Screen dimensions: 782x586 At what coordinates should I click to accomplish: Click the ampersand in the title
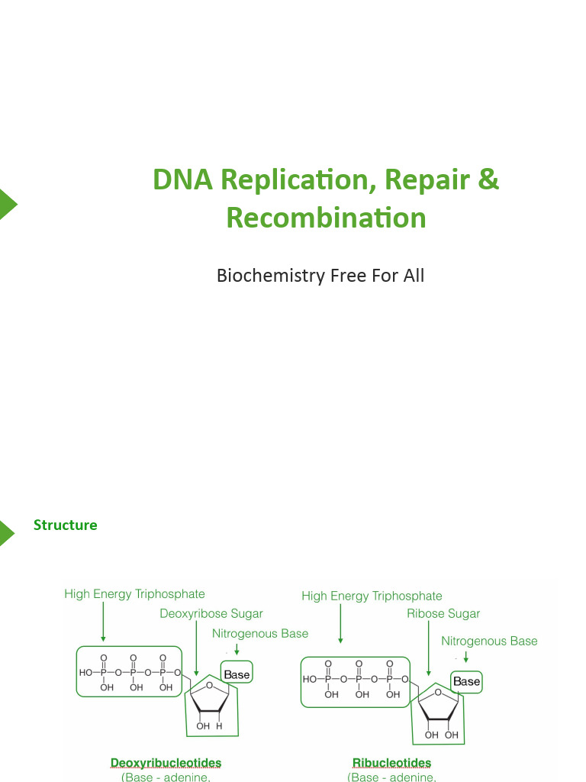pos(489,179)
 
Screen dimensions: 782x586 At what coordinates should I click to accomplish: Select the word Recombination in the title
pos(326,218)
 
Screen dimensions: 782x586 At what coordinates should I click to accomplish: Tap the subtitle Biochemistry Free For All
pos(320,275)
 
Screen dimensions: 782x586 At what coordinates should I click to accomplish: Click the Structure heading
pos(65,525)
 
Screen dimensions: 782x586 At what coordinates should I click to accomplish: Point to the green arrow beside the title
pos(7,204)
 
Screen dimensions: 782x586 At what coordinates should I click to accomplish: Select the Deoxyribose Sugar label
pos(211,613)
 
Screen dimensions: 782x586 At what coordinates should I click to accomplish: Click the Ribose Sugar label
pos(443,613)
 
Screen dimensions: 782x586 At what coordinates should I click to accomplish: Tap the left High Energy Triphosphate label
pos(134,593)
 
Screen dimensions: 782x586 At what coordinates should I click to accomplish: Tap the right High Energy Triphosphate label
pos(372,596)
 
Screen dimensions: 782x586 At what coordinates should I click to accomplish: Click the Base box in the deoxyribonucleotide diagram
pos(237,674)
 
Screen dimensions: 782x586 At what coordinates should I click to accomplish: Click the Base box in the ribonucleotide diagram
pos(466,681)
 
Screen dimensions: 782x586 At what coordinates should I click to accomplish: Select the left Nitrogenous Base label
pos(260,633)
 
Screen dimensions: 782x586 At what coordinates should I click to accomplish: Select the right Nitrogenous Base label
pos(489,641)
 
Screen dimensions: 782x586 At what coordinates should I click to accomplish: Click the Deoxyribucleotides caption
pos(166,762)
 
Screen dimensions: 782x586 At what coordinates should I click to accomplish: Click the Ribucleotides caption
pos(391,762)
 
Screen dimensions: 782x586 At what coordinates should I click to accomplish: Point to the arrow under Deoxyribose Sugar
pos(197,649)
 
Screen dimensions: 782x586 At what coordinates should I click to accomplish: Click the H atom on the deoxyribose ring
pos(219,726)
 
